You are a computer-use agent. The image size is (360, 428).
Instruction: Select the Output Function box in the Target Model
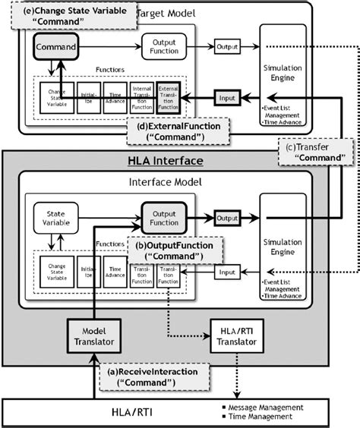tap(164, 47)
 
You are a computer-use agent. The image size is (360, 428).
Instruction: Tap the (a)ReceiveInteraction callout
tap(141, 376)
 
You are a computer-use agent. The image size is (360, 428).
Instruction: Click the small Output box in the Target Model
tap(228, 47)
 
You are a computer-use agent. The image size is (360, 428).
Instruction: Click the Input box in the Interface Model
tap(228, 271)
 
